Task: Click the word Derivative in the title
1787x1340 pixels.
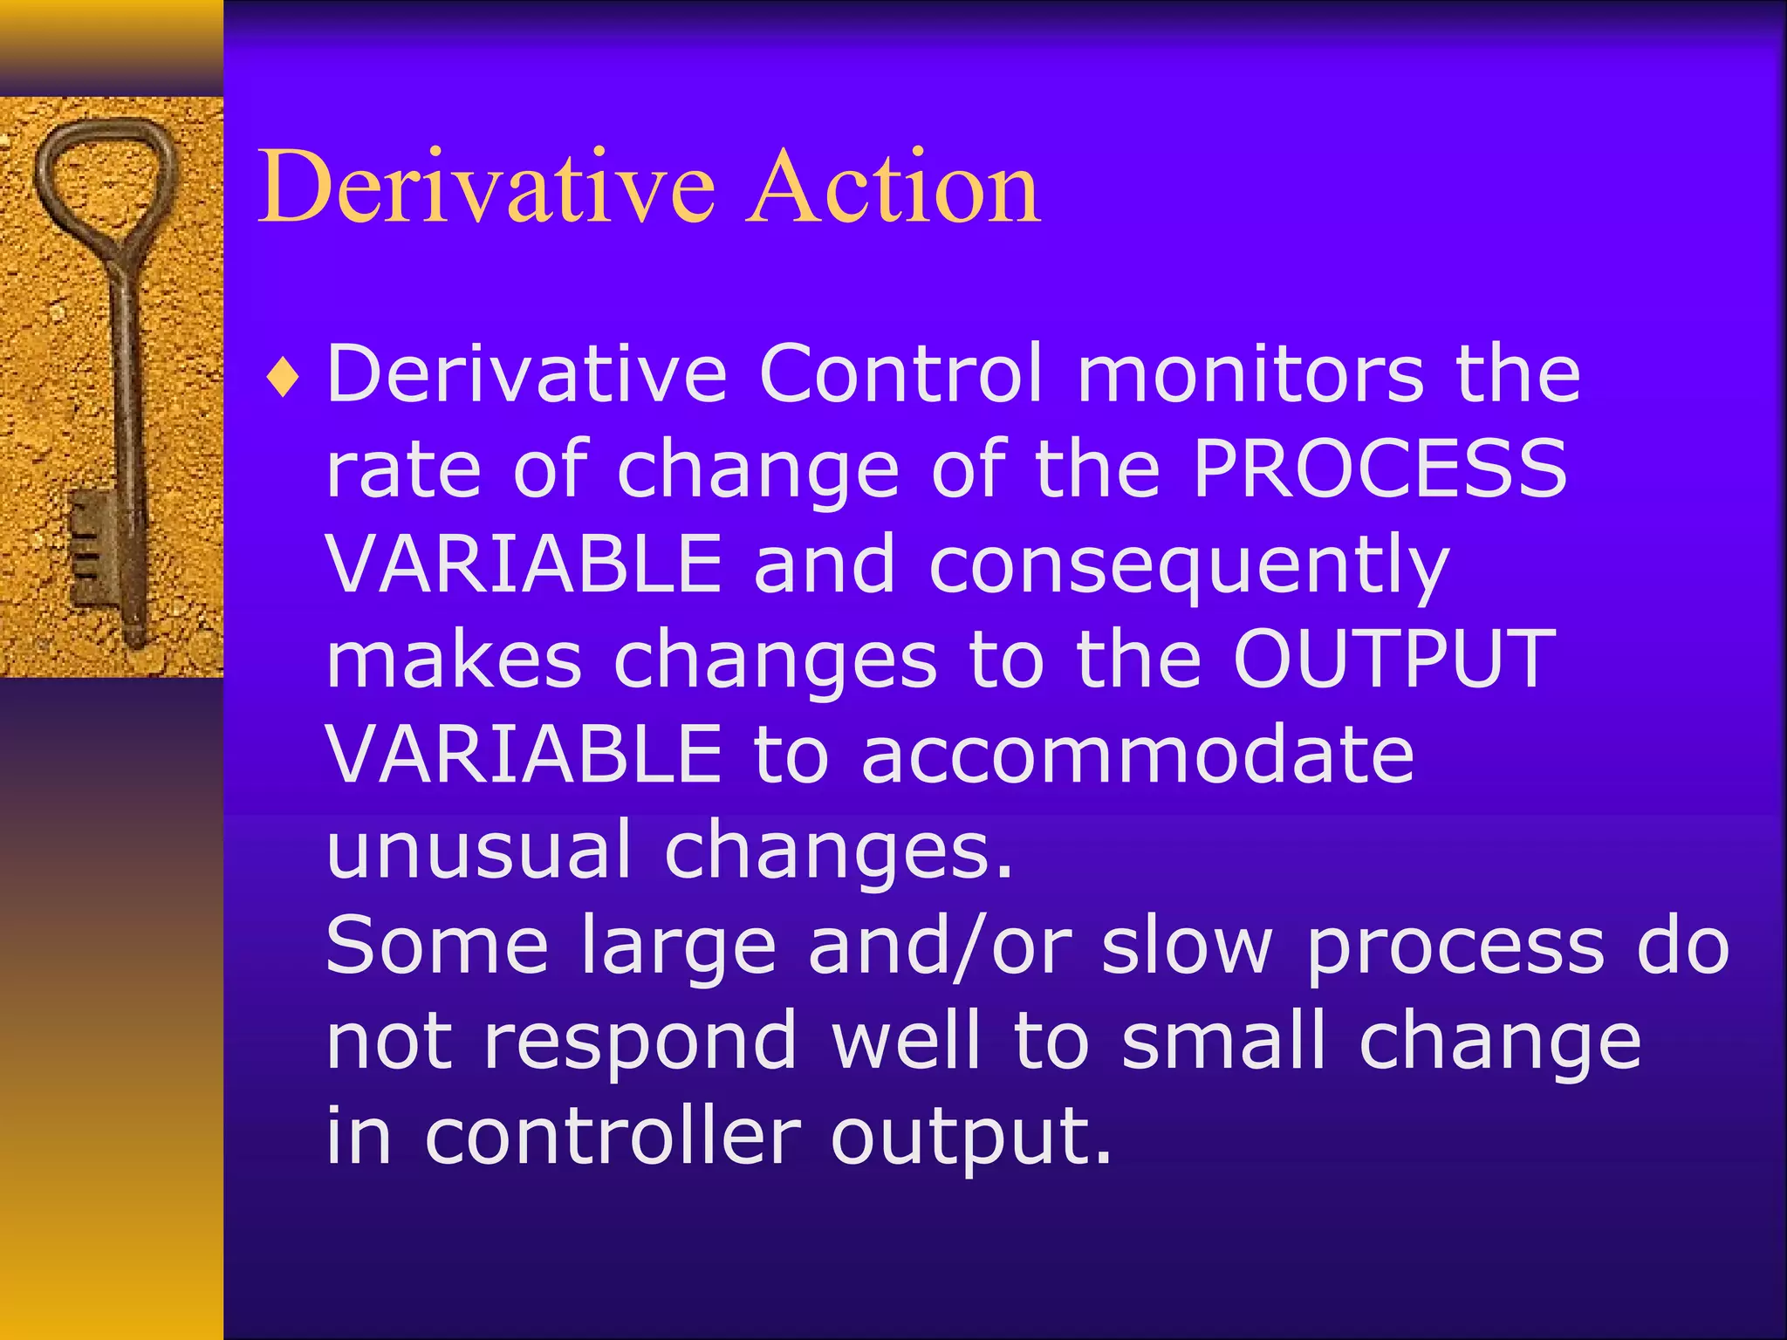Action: click(x=486, y=186)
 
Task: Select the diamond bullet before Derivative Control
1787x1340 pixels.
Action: click(x=284, y=379)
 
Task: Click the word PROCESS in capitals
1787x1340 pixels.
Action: click(x=1380, y=468)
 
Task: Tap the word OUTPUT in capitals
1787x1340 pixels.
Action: click(x=1394, y=660)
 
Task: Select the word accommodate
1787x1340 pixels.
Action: click(x=1137, y=755)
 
